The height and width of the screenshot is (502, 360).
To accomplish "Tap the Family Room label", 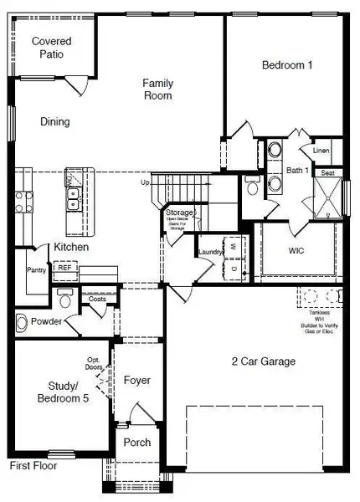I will [157, 89].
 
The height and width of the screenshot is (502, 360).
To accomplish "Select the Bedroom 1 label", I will [288, 65].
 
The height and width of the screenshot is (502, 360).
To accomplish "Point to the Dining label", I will [55, 121].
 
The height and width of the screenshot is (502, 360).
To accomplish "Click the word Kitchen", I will [72, 248].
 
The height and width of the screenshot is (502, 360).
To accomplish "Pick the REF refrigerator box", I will [64, 268].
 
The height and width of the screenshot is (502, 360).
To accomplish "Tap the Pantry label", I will [36, 270].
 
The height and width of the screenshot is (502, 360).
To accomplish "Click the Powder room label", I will [47, 321].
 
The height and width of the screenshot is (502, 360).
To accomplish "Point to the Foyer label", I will [136, 380].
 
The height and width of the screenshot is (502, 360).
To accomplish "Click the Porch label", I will [136, 442].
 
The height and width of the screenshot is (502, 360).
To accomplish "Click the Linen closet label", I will [321, 151].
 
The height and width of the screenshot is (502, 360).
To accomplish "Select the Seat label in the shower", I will [328, 173].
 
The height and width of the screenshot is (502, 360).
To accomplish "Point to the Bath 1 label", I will [297, 171].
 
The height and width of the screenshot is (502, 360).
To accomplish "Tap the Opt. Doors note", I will [95, 363].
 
